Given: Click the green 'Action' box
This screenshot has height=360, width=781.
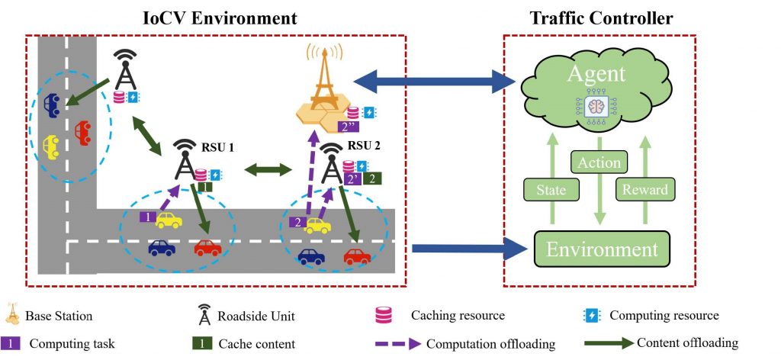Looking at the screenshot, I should tap(599, 162).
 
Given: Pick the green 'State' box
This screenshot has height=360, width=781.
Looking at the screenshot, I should tap(551, 189).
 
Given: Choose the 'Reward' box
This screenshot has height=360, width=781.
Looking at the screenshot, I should tap(645, 189).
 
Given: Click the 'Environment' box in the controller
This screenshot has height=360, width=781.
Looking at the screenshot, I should tap(600, 249).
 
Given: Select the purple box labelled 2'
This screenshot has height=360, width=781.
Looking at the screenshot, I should tap(353, 179).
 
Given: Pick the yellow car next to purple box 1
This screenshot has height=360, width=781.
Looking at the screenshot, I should tap(169, 220).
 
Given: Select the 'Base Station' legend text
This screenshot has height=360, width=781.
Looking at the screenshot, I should tap(59, 315).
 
